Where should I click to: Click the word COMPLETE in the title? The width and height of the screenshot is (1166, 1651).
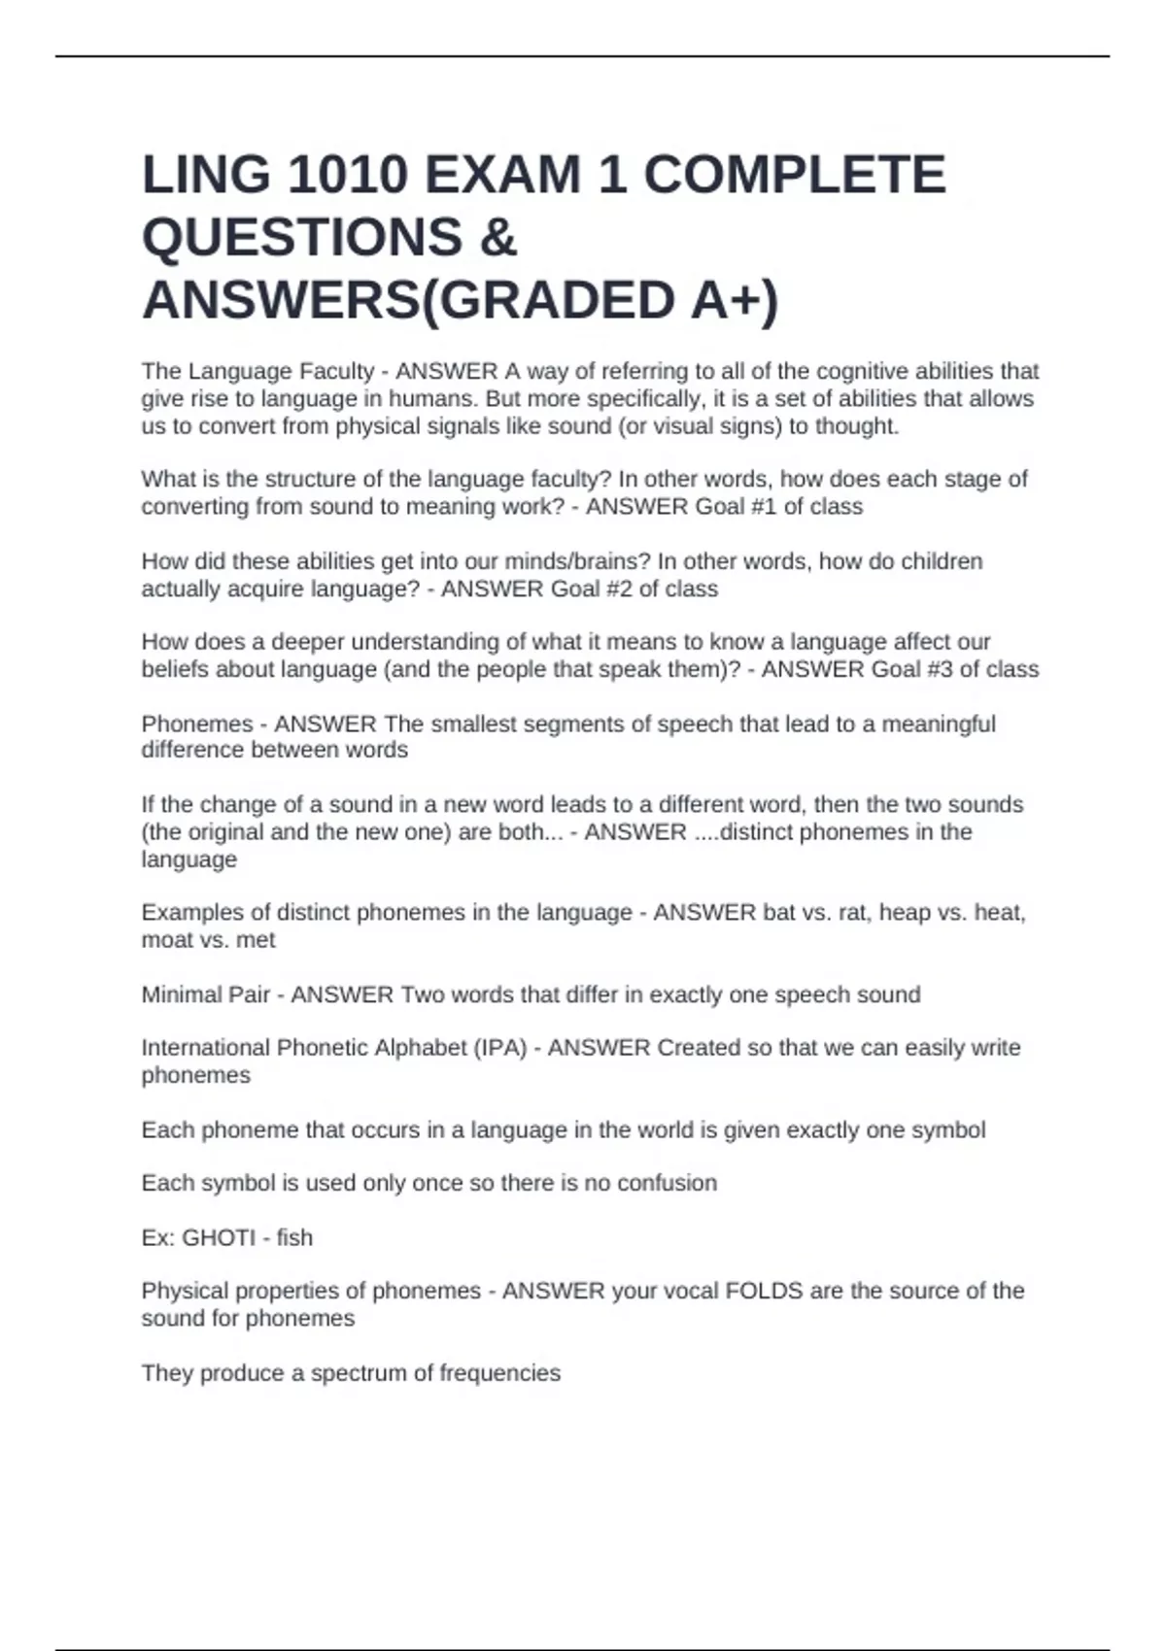(794, 175)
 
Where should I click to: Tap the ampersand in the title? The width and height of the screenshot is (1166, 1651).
(497, 237)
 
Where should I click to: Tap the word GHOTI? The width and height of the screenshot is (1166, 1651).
(219, 1237)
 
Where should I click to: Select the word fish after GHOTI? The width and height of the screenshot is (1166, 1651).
(294, 1237)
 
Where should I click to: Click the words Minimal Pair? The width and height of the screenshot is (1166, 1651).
(205, 994)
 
